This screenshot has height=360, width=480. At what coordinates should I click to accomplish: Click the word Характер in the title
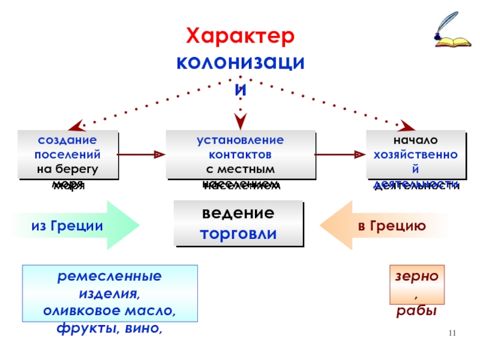pos(240,37)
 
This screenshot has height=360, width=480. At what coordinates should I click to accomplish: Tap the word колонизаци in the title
pos(240,62)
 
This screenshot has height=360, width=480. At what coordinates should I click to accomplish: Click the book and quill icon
pos(449,34)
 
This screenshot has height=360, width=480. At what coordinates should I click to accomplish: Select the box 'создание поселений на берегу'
pos(68,155)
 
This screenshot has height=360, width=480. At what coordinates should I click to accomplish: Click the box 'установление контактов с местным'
pos(240,155)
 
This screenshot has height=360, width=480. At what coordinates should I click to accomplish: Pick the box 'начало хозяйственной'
pos(416,155)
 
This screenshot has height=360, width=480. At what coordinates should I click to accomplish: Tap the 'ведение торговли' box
pos(238,223)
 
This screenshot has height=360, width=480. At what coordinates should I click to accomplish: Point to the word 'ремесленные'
pos(110,277)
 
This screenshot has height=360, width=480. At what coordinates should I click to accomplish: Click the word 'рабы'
pos(416,312)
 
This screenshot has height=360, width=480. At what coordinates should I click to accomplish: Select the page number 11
pos(453,334)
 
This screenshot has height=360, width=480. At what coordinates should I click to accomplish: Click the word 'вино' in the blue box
pos(145,328)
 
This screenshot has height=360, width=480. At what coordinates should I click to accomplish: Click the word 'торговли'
pos(238,233)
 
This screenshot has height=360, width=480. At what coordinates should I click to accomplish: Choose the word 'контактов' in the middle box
pos(240,154)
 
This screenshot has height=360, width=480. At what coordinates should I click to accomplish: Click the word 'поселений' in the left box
pos(68,154)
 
